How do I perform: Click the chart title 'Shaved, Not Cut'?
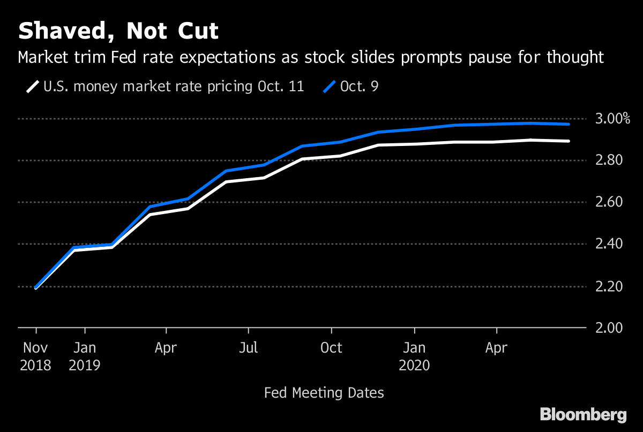[x=118, y=31]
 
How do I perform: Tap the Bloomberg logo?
[x=583, y=414]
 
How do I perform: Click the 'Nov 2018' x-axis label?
[x=35, y=356]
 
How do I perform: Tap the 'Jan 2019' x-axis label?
[x=84, y=356]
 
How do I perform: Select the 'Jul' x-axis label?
[x=248, y=348]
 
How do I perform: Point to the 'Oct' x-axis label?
[x=331, y=348]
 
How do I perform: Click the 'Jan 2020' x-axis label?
[x=414, y=356]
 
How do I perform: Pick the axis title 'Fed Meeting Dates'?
[x=324, y=393]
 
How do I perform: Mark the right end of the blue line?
[x=569, y=124]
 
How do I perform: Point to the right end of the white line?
[x=569, y=141]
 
